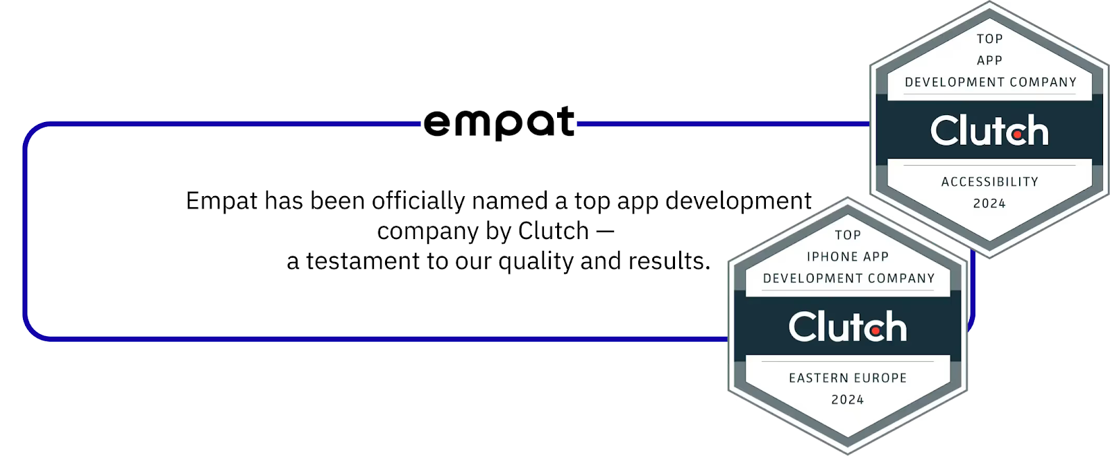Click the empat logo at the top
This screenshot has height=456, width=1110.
pos(499,123)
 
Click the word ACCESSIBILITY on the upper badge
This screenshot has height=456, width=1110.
pos(989,182)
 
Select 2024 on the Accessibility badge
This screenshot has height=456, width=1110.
pos(989,203)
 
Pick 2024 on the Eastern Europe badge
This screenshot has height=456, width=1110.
pos(848,399)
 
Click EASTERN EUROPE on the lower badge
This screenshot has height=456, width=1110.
pos(848,378)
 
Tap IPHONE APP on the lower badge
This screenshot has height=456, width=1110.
pos(848,256)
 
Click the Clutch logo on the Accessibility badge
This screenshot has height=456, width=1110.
pos(989,130)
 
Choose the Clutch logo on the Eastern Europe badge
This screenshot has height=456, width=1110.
pos(848,326)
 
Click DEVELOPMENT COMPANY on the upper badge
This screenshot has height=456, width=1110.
pos(990,82)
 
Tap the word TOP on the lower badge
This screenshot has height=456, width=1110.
pos(848,235)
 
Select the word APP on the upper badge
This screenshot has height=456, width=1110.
pos(989,60)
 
